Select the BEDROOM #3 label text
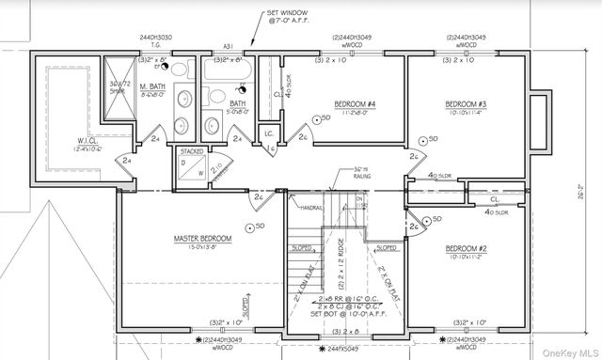pyautogui.click(x=466, y=103)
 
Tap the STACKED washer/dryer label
pyautogui.click(x=192, y=150)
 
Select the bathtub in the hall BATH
pyautogui.click(x=225, y=72)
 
